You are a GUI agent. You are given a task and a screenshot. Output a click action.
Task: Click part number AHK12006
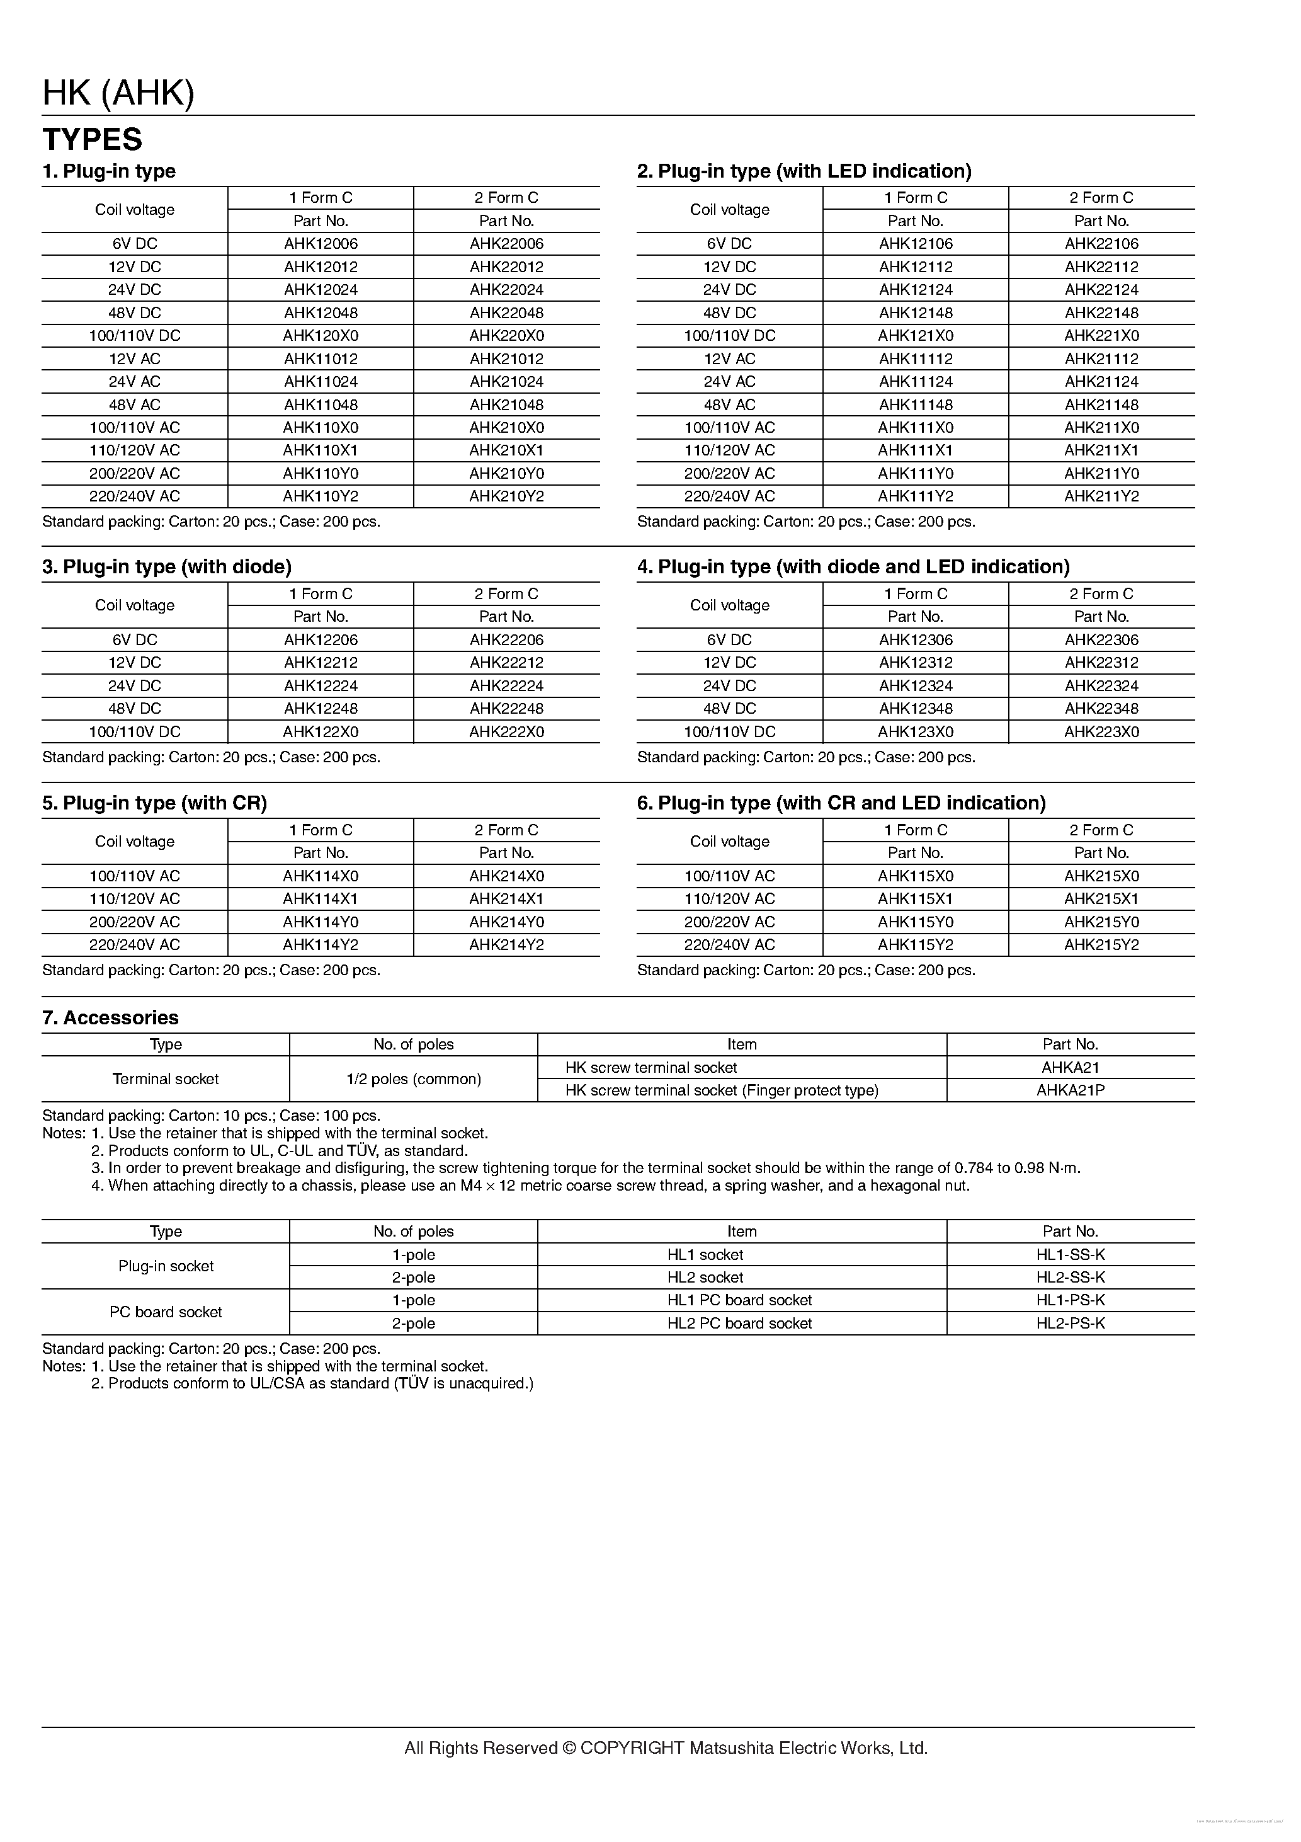(320, 244)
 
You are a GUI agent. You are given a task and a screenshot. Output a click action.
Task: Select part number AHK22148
(1101, 313)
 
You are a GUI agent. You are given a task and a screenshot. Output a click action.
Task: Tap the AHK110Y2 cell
(320, 496)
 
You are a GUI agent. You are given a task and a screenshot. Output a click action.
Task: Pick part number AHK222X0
(506, 731)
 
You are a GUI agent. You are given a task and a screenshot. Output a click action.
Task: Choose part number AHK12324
(915, 686)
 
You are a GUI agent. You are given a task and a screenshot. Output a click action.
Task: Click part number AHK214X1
(506, 898)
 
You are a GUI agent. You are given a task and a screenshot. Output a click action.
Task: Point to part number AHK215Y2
(1101, 944)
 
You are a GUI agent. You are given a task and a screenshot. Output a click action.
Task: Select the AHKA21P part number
(1070, 1090)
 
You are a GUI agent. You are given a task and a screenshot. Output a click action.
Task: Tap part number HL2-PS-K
(1070, 1323)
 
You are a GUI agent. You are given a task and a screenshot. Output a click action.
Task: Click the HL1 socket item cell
(705, 1254)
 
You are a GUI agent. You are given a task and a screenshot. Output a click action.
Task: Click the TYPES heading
(92, 140)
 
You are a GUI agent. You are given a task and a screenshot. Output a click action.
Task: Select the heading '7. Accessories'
(110, 1017)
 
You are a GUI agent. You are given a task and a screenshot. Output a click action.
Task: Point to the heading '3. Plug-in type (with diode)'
(167, 567)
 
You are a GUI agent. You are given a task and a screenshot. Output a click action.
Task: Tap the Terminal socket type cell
(165, 1079)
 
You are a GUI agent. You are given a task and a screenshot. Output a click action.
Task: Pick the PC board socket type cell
(165, 1312)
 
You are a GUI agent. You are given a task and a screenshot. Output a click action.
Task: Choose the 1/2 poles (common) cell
(413, 1079)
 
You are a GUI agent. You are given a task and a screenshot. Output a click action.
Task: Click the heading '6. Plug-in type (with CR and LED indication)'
(841, 803)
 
